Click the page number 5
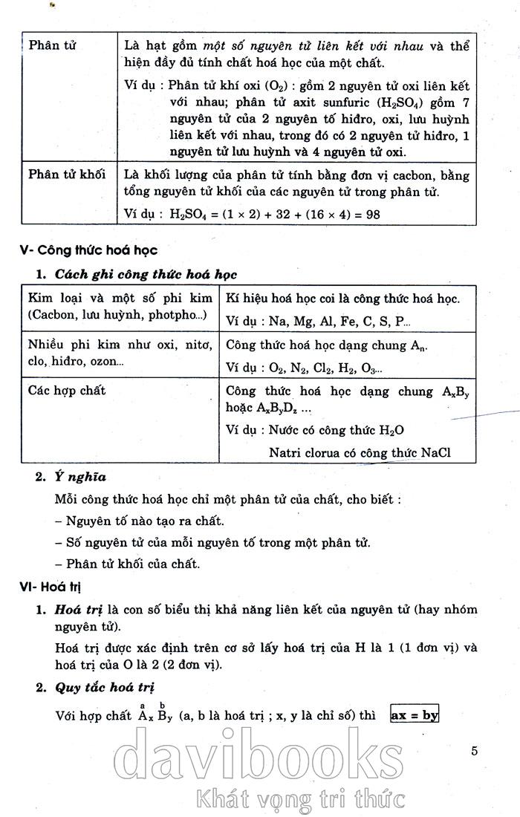tap(474, 750)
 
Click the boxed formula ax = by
tap(415, 716)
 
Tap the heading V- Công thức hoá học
tap(88, 250)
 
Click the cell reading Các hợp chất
tap(67, 390)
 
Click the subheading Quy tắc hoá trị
tap(105, 688)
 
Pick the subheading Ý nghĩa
tap(81, 478)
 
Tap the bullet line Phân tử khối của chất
tap(128, 564)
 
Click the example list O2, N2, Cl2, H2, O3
tap(327, 368)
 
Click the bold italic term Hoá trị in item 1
tap(74, 610)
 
